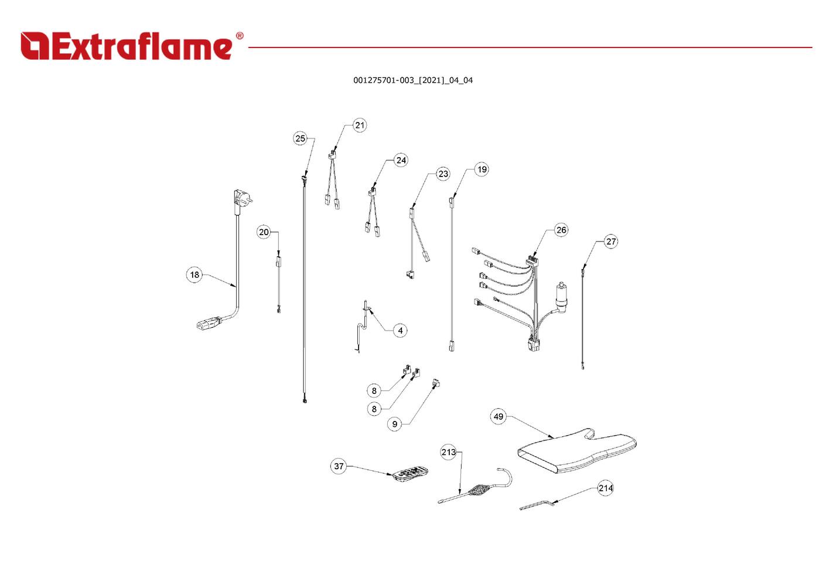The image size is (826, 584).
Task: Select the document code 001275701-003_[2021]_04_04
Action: (412, 80)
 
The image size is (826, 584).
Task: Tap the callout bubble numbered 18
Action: (194, 274)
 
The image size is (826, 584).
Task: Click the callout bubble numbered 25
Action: (300, 138)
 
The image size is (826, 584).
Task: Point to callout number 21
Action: (360, 125)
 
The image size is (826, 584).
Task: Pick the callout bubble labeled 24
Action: (401, 160)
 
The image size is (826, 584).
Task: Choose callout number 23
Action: (443, 174)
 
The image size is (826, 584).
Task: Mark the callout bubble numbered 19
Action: (482, 169)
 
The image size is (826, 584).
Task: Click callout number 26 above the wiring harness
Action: (561, 230)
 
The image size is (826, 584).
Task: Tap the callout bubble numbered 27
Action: (611, 242)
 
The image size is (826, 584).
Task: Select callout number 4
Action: (400, 331)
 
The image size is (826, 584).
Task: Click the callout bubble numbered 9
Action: (395, 424)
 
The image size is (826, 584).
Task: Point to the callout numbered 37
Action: (339, 466)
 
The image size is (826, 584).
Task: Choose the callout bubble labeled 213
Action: (448, 452)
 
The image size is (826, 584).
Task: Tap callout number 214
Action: (606, 488)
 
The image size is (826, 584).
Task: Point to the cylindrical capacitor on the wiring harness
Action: (562, 297)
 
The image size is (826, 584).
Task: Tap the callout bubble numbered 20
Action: (264, 232)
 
